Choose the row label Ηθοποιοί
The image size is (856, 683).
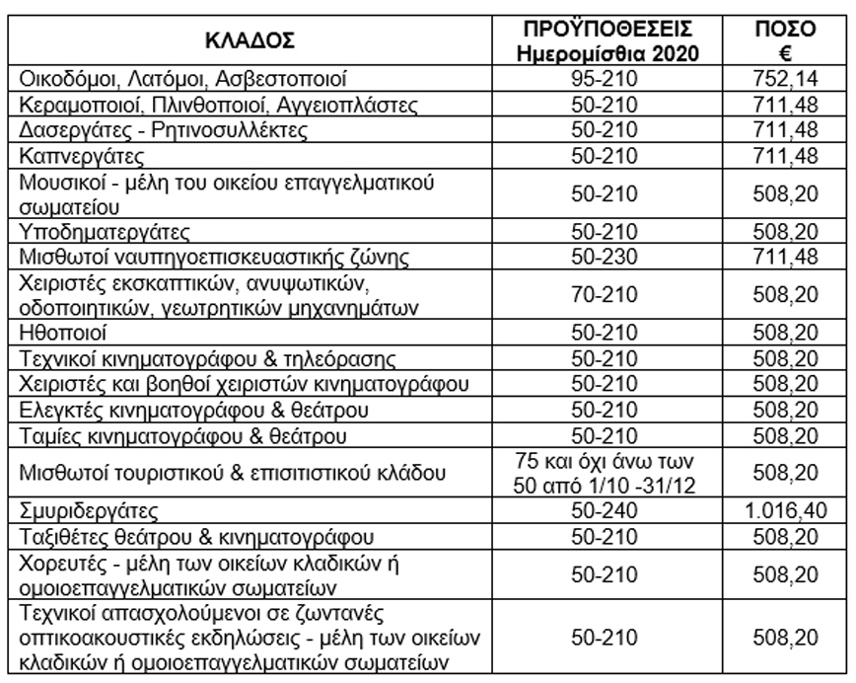[60, 333]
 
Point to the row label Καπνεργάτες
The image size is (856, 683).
[68, 156]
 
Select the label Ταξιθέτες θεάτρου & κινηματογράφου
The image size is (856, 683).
[192, 538]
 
